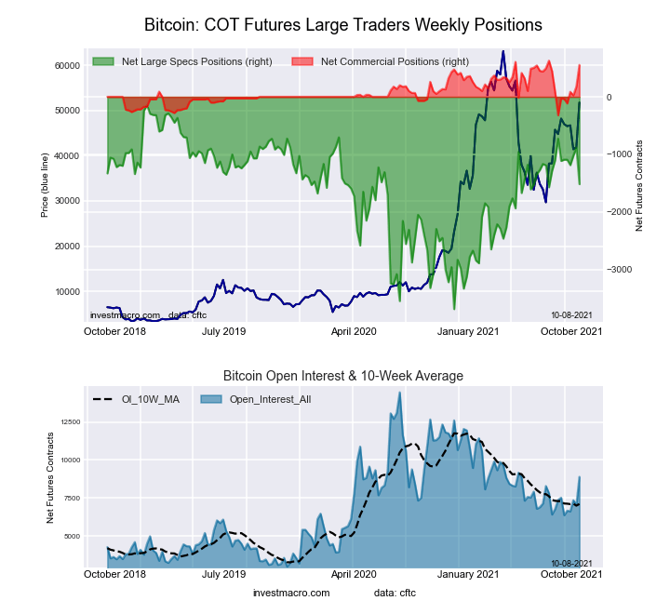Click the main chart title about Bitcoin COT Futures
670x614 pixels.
[x=342, y=23]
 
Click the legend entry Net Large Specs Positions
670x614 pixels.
[x=194, y=61]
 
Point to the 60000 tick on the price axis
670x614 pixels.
[x=65, y=66]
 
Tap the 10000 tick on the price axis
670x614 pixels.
[x=65, y=292]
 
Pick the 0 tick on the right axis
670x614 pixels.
[x=610, y=98]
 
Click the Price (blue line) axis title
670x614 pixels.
[x=45, y=187]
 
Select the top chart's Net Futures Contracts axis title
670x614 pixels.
[x=639, y=187]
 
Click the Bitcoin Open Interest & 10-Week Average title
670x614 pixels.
[x=342, y=376]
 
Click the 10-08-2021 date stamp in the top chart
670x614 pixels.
[x=570, y=315]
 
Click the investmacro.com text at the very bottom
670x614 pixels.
[x=291, y=593]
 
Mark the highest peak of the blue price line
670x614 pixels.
[x=503, y=52]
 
